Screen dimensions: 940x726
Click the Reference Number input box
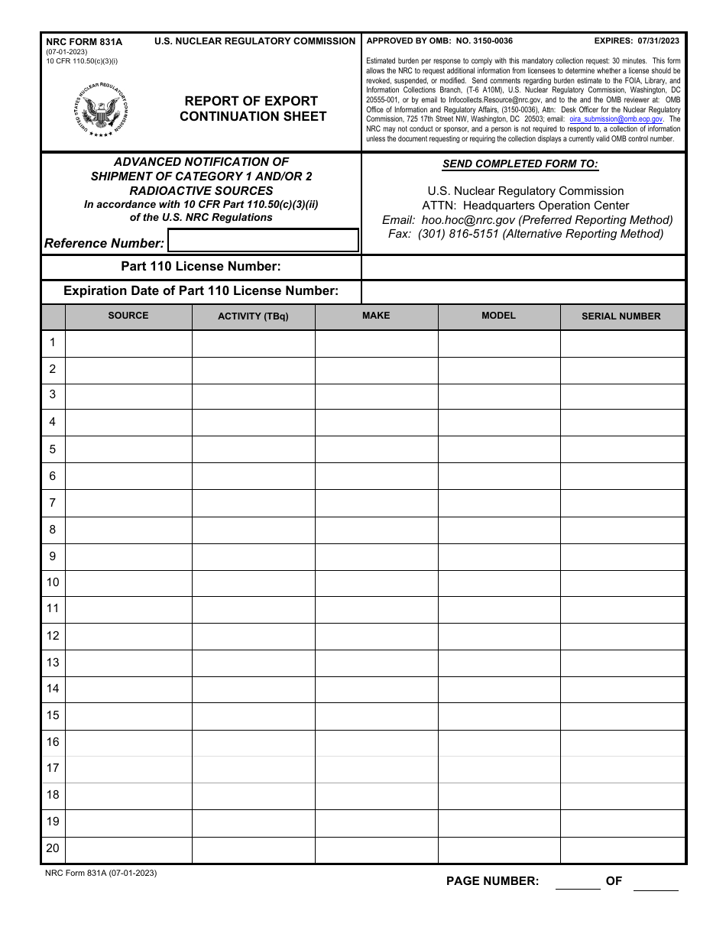pos(263,241)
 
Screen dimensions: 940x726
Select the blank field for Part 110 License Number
pos(523,267)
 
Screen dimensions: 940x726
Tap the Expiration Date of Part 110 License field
pos(523,292)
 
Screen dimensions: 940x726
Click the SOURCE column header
pos(128,316)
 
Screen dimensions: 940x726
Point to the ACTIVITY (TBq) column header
pos(253,316)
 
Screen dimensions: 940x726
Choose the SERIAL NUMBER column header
pos(621,316)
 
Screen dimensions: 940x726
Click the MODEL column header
pos(498,316)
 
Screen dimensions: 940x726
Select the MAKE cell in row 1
pos(376,343)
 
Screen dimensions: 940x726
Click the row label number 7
pos(53,503)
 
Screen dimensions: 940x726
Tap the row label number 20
pos(53,848)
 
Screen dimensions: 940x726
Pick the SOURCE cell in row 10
pos(128,583)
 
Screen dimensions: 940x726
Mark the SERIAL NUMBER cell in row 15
pos(622,716)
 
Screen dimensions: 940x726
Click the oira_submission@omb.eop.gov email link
pos(616,120)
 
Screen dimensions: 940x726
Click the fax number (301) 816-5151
pos(459,234)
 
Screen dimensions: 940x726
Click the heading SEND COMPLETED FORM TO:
pos(520,164)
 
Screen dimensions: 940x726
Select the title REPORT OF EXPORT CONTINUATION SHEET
pos(253,109)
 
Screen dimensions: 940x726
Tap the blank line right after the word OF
pos(656,882)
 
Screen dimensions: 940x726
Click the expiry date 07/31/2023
pos(654,41)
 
